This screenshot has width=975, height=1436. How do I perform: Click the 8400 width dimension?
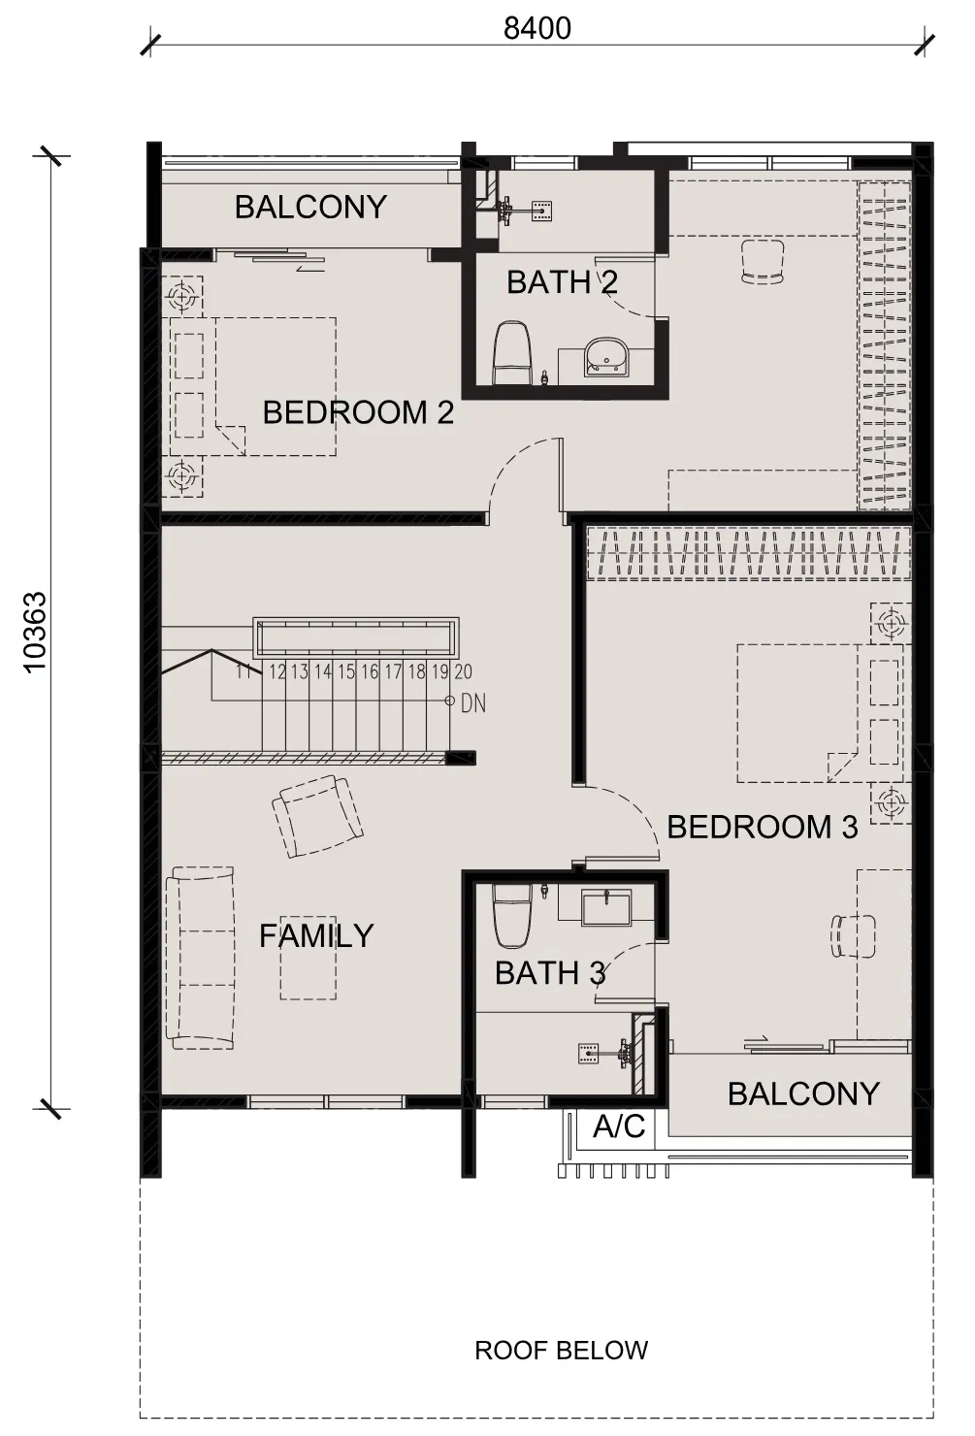536,29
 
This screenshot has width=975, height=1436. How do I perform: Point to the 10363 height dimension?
35,632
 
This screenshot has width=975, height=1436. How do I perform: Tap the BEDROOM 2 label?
358,412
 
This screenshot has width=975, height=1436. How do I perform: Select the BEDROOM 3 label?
763,827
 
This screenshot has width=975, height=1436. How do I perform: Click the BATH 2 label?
562,282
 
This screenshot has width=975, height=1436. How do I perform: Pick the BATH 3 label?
550,973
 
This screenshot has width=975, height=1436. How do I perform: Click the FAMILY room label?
316,936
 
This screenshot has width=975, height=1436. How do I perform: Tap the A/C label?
619,1126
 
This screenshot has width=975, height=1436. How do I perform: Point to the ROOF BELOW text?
561,1350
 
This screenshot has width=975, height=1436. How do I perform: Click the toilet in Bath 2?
511,353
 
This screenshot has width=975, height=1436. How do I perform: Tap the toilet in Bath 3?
511,916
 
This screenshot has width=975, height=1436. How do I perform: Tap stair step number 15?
346,671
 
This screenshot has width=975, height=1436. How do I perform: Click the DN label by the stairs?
473,703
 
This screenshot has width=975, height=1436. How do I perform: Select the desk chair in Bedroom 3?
853,936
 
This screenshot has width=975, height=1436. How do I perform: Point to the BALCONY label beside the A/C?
803,1093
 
